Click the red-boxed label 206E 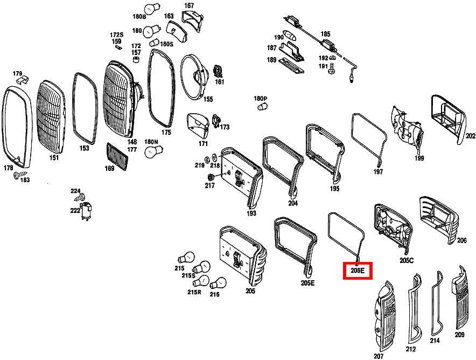pos(358,271)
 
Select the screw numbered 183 pos(17,175)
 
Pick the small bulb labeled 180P pos(263,107)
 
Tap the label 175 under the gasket pos(166,132)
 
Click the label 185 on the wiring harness pos(325,34)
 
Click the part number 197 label pos(378,172)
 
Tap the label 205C pos(406,260)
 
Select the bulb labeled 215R pos(203,281)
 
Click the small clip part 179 pos(22,81)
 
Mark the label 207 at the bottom pos(379,356)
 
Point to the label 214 pos(435,340)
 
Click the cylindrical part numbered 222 pos(85,209)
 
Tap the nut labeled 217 pos(211,177)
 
